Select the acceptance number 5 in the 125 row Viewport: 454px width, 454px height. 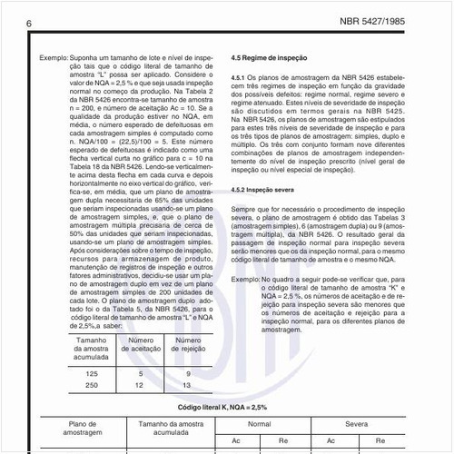pyautogui.click(x=141, y=374)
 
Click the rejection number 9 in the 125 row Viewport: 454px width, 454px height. pyautogui.click(x=187, y=374)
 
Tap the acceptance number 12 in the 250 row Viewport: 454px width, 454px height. pyautogui.click(x=141, y=386)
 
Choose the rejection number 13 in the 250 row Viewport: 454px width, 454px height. pyautogui.click(x=187, y=386)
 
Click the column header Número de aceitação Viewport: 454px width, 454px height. pyautogui.click(x=141, y=350)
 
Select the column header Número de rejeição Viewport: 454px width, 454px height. pyautogui.click(x=187, y=350)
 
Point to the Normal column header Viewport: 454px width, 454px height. pyautogui.click(x=260, y=424)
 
